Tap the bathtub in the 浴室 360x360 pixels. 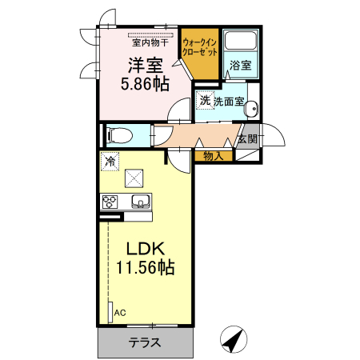pos(238,42)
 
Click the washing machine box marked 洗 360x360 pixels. pos(205,101)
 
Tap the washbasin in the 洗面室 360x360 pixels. pos(251,110)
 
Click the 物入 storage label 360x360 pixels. pos(212,156)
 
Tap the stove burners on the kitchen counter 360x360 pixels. pos(109,202)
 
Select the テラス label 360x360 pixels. pos(146,343)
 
